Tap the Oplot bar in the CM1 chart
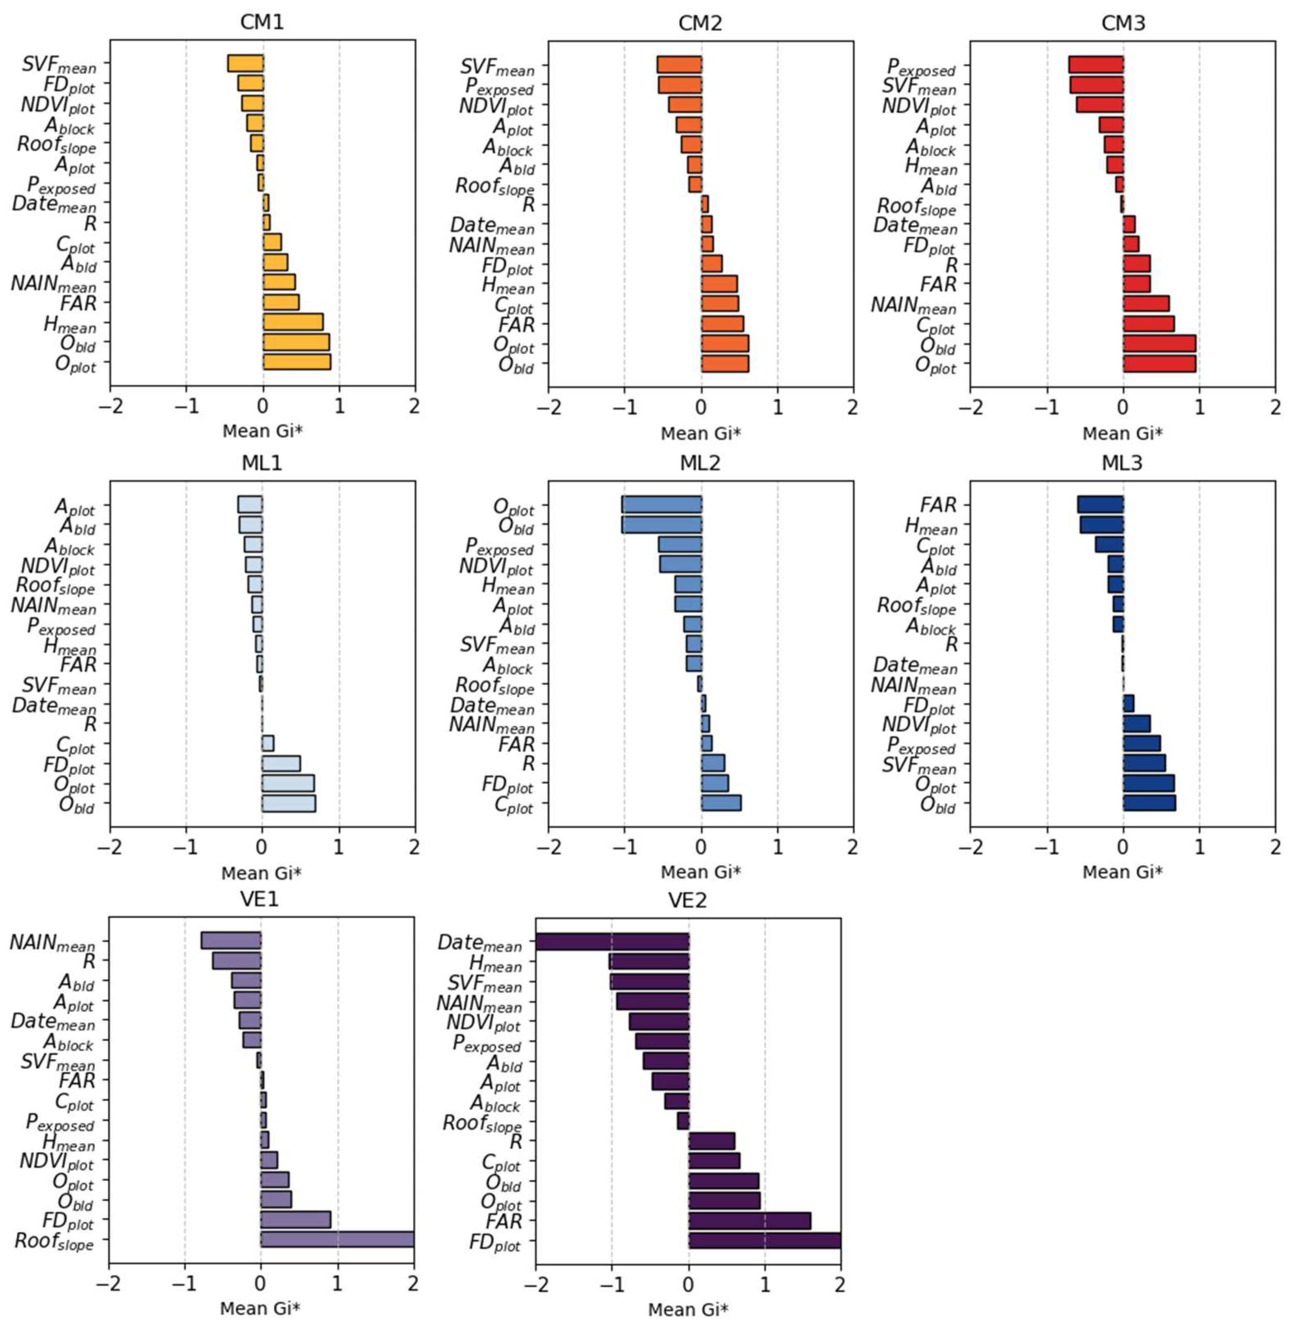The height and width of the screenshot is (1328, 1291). tap(297, 362)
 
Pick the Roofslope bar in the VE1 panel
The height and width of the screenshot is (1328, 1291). tap(337, 1239)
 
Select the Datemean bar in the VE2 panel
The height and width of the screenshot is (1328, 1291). tap(612, 941)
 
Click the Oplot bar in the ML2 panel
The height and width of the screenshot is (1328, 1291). tap(661, 505)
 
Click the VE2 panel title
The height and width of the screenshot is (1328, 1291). tap(688, 900)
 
